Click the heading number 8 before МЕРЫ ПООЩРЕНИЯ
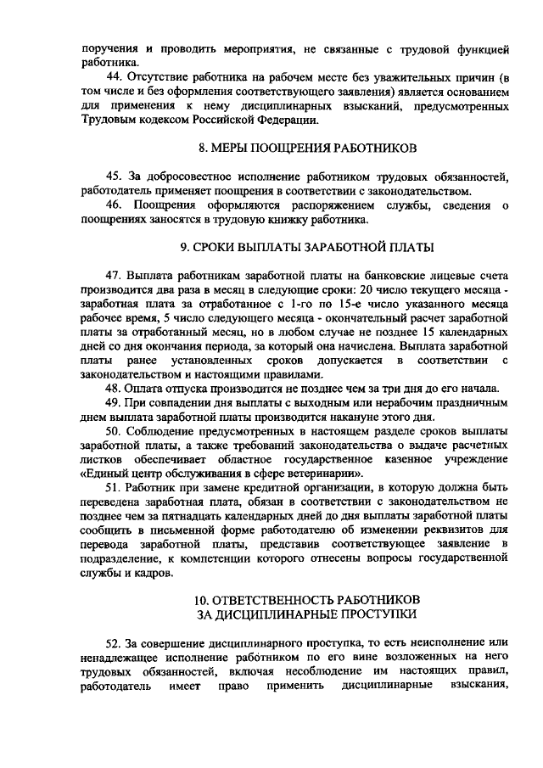(x=203, y=148)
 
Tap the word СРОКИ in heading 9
(x=223, y=248)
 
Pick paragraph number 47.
(x=113, y=277)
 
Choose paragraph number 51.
(x=114, y=489)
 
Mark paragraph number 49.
(x=114, y=402)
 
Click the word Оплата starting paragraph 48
(x=146, y=389)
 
